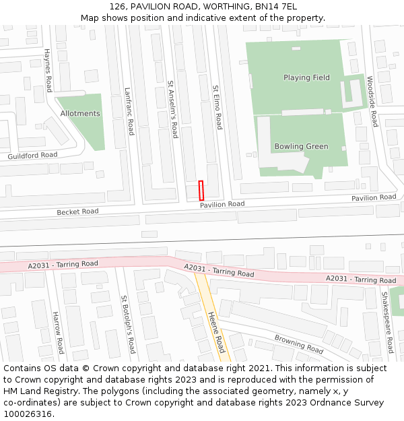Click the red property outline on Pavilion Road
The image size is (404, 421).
[x=201, y=190]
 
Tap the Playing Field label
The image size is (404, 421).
[x=306, y=77]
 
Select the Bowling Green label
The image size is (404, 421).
[x=301, y=146]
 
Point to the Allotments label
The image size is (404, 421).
[x=80, y=114]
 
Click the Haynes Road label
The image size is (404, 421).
[x=48, y=70]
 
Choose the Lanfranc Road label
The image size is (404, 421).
[x=129, y=111]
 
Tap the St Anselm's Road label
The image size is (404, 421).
[x=172, y=109]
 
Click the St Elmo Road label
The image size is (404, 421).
[x=217, y=107]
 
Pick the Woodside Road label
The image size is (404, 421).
[x=372, y=100]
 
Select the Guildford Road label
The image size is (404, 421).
[x=32, y=156]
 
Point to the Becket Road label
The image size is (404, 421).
[x=77, y=212]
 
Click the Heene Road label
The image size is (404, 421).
[x=216, y=331]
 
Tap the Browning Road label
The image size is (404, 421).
[x=298, y=344]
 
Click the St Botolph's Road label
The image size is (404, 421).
[x=128, y=324]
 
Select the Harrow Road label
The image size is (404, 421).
[x=58, y=332]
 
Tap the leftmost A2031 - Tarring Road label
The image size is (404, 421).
[x=63, y=265]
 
